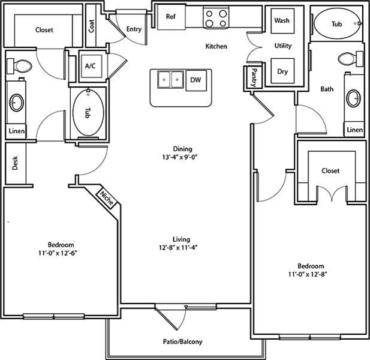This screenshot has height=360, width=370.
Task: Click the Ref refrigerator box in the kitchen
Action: (x=172, y=17)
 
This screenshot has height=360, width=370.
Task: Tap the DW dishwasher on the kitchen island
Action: (x=196, y=80)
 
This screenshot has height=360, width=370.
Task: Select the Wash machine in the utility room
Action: (x=282, y=21)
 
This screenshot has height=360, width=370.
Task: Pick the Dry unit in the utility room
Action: (x=282, y=71)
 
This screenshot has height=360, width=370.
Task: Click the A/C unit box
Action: (x=91, y=66)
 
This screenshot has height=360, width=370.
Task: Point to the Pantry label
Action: (x=254, y=77)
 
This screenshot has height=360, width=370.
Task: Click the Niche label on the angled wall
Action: (x=107, y=198)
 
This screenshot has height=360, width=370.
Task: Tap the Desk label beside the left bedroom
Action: (x=15, y=163)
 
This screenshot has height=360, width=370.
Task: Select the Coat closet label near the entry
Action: (x=92, y=26)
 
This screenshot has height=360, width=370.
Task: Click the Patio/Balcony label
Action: (x=183, y=341)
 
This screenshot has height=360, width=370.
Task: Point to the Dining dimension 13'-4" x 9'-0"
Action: (x=179, y=157)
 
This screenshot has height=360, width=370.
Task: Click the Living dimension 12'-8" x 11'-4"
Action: (x=178, y=248)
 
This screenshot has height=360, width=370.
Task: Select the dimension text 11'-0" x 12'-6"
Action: (x=58, y=253)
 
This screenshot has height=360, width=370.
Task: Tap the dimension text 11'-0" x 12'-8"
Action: (x=308, y=274)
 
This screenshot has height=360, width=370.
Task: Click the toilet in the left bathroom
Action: (x=19, y=65)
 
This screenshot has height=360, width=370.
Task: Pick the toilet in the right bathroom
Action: (x=351, y=58)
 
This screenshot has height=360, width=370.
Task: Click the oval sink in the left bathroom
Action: (x=17, y=103)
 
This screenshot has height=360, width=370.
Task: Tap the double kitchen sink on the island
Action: (x=170, y=80)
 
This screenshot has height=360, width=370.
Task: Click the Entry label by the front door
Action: (x=134, y=29)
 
